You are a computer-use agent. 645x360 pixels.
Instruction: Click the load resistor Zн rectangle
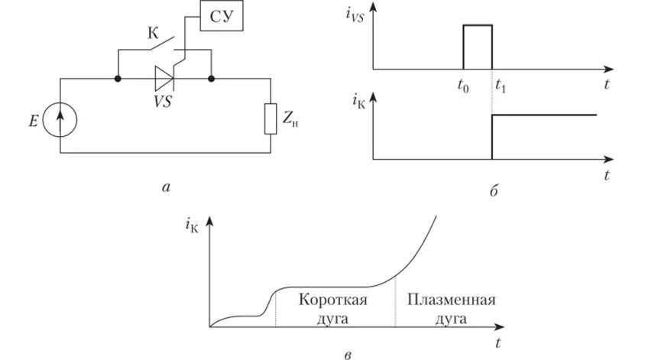coord(270,119)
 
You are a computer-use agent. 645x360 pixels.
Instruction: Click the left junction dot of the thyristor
coord(118,78)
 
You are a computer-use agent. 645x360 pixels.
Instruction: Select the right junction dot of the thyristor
coord(211,78)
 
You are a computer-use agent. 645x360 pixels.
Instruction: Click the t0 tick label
coord(463,86)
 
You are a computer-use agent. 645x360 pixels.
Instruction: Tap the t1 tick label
coord(501,86)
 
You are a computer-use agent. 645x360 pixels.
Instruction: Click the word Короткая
coord(332,299)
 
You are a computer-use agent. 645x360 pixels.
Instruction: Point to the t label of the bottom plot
coord(498,340)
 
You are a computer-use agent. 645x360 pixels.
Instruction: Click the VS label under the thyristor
coord(161,101)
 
